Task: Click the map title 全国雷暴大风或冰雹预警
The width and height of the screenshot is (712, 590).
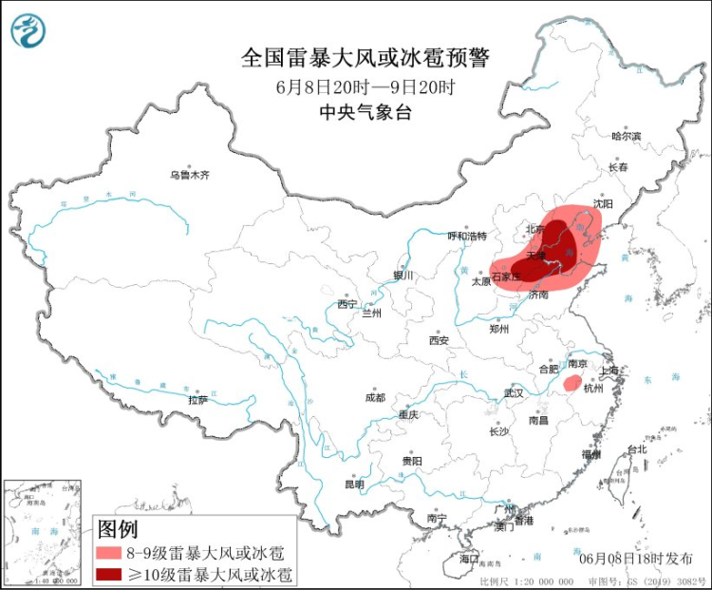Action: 365,59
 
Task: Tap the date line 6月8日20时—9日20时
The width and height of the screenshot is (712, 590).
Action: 365,86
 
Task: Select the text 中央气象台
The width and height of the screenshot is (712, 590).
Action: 365,112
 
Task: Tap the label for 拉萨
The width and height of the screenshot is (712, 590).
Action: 197,400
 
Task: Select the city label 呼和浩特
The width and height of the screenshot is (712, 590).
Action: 466,236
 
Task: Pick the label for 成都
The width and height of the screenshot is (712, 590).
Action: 374,397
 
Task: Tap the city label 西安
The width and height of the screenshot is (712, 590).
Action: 438,339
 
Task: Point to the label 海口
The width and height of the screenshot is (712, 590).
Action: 469,559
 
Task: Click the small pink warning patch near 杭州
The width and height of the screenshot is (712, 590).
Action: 571,383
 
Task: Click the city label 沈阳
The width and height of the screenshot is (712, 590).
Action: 603,203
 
